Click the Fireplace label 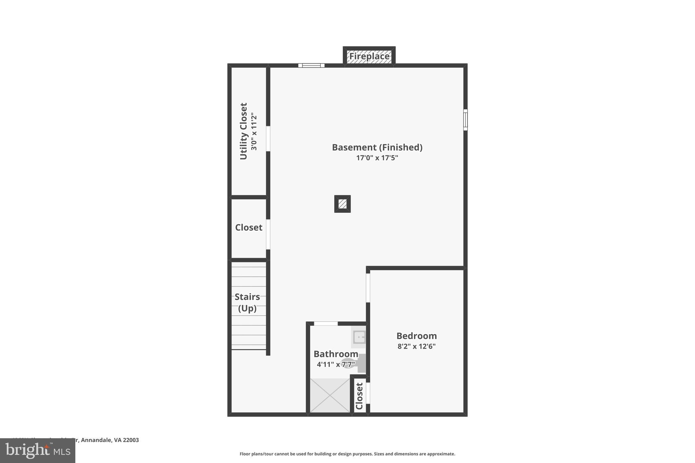click(369, 56)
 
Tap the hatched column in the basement click(342, 204)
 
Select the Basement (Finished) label click(377, 148)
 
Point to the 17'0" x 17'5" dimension click(377, 158)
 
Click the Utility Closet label click(244, 131)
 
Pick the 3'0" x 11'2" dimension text click(254, 132)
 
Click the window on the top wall click(311, 65)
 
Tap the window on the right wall click(465, 120)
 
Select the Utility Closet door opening click(268, 139)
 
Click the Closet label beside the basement click(249, 228)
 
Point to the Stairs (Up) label click(247, 303)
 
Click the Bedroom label click(416, 336)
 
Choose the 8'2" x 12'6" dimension click(416, 346)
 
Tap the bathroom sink click(359, 337)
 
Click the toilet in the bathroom click(353, 364)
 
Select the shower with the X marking click(330, 396)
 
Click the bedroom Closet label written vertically click(359, 396)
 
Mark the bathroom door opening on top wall click(325, 324)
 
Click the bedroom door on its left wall click(368, 288)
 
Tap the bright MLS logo click(38, 451)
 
